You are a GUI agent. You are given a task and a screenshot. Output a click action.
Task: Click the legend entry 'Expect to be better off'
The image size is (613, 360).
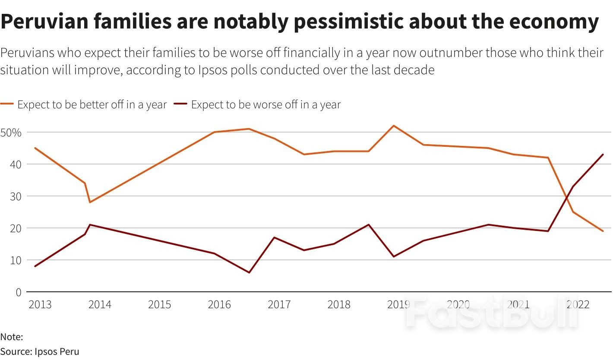point(92,105)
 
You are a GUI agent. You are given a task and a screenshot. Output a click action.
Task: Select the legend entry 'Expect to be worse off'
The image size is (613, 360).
point(265,105)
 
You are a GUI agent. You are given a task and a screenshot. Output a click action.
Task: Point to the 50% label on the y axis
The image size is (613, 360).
point(11,133)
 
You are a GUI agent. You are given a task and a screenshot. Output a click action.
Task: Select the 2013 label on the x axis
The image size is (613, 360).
point(40,305)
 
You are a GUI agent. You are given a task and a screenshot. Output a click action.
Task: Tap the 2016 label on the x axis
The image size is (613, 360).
point(219,305)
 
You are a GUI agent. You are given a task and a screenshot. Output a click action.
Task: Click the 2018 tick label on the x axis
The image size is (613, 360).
point(339,305)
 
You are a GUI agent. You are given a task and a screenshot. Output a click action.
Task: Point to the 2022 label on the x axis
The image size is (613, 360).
point(578,305)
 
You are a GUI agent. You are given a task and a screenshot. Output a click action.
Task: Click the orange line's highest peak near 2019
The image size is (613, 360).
point(394,126)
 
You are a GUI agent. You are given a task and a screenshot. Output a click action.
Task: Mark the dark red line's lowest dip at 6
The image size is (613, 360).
point(249,272)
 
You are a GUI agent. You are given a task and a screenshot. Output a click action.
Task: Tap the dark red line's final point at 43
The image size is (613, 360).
point(603,155)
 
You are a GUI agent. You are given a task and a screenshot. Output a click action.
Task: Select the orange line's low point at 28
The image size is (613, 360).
point(90,202)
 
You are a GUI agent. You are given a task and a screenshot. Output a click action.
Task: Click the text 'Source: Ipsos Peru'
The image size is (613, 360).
point(40,351)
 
